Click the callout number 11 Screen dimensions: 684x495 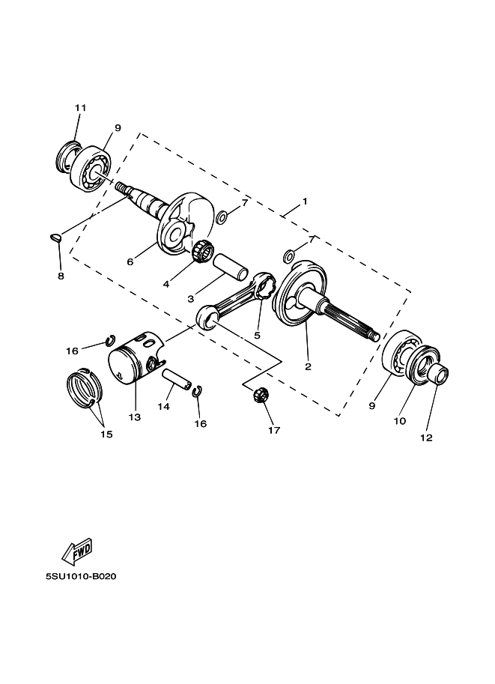(x=81, y=108)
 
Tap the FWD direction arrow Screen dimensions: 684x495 (x=76, y=552)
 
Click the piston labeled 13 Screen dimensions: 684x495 (x=135, y=360)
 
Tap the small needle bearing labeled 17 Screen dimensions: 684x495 (x=261, y=394)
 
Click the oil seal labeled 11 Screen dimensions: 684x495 (x=69, y=156)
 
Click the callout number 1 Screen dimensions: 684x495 (x=305, y=202)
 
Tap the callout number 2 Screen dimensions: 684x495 (x=307, y=367)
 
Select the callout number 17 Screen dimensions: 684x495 (x=274, y=430)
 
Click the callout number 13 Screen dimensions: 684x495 (x=134, y=417)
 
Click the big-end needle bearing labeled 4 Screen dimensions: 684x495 (x=201, y=252)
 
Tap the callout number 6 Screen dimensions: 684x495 (x=130, y=262)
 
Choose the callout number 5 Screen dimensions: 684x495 (x=257, y=335)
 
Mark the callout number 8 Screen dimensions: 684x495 (x=61, y=276)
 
